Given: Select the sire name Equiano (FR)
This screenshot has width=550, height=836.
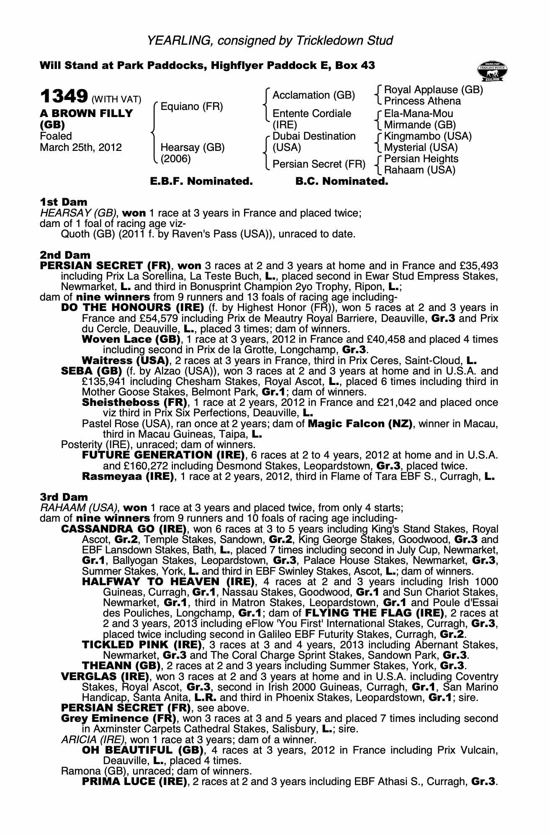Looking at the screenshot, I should click(x=192, y=107).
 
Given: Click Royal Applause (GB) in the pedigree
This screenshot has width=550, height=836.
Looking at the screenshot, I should click(x=433, y=90).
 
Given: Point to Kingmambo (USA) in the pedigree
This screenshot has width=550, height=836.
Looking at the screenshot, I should click(x=428, y=136).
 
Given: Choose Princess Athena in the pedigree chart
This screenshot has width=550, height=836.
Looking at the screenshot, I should click(x=422, y=101).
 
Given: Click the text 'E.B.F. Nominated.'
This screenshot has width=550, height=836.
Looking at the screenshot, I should click(x=201, y=181).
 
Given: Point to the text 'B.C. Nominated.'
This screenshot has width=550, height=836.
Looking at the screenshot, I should click(x=342, y=181).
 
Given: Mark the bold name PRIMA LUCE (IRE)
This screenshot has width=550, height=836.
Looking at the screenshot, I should click(x=134, y=781).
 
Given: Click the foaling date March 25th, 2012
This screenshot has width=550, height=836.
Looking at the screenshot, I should click(x=81, y=148).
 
